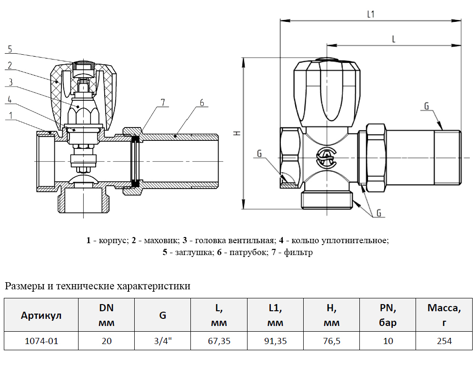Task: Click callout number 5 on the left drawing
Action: click(10, 49)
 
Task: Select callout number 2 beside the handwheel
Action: click(10, 65)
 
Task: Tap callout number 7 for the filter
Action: click(163, 102)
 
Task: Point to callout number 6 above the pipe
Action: click(202, 103)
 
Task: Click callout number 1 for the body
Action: click(10, 115)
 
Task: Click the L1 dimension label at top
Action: click(371, 14)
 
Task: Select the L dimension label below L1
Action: click(394, 39)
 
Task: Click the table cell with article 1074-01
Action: click(41, 341)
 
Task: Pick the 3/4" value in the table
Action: click(163, 341)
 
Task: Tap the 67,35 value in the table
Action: click(219, 341)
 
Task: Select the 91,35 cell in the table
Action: click(275, 341)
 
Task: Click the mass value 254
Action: click(444, 341)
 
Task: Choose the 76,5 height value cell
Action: click(331, 341)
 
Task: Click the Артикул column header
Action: click(41, 315)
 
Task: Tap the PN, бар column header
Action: click(387, 315)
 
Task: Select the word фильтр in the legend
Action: click(298, 252)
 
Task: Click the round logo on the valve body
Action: click(327, 158)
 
